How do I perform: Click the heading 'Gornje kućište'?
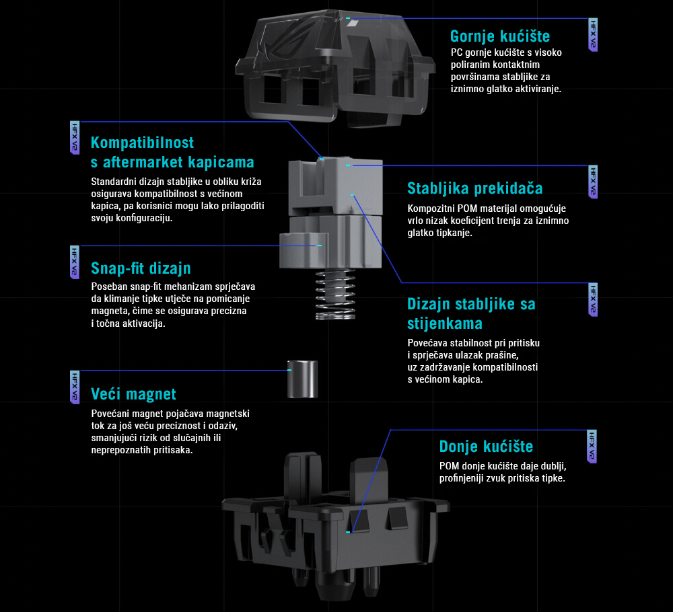pos(500,36)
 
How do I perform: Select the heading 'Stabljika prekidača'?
pos(475,188)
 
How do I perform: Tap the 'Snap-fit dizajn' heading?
pos(141,268)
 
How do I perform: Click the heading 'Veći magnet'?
pos(133,394)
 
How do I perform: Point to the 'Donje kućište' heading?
pos(487,447)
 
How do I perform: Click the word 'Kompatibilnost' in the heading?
pos(143,143)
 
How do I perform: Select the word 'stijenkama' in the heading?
pos(445,323)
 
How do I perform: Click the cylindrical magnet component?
pos(303,379)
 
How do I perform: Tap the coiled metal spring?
pos(335,295)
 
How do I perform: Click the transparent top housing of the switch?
pos(334,69)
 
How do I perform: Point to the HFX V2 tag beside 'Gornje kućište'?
pos(593,35)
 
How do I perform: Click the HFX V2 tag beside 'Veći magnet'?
pos(75,387)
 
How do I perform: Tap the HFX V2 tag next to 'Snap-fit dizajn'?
pos(75,262)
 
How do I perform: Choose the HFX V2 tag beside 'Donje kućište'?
pos(592,447)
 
